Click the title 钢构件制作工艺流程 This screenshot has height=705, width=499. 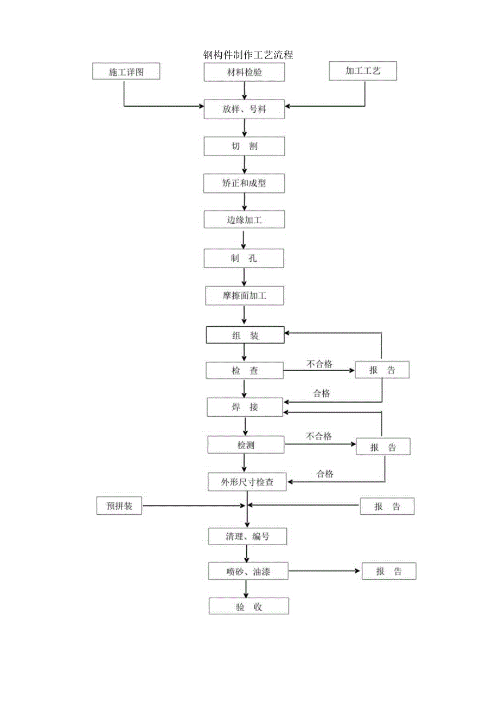click(x=248, y=55)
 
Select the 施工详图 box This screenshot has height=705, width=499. click(x=126, y=72)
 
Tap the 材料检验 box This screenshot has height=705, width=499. click(x=244, y=72)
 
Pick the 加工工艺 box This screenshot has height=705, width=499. click(x=363, y=71)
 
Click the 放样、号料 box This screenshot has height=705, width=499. click(x=244, y=109)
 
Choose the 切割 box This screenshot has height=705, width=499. click(x=244, y=146)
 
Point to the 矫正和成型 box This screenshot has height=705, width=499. click(x=244, y=183)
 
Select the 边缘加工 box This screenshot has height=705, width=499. click(x=244, y=220)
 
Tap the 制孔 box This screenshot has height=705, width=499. click(x=244, y=258)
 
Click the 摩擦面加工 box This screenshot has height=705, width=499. click(x=244, y=296)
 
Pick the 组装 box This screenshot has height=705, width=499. click(x=245, y=335)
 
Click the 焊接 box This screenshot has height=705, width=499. click(x=245, y=408)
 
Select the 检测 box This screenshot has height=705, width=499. click(x=246, y=445)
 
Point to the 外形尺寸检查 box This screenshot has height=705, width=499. click(x=247, y=482)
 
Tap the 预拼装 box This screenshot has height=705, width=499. click(x=119, y=507)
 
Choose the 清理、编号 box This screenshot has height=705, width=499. click(x=248, y=536)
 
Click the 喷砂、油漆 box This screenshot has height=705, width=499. click(x=248, y=571)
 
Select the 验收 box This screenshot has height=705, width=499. click(x=249, y=606)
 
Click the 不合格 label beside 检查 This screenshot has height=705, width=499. click(x=319, y=364)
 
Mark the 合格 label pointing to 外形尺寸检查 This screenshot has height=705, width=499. click(x=325, y=474)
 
